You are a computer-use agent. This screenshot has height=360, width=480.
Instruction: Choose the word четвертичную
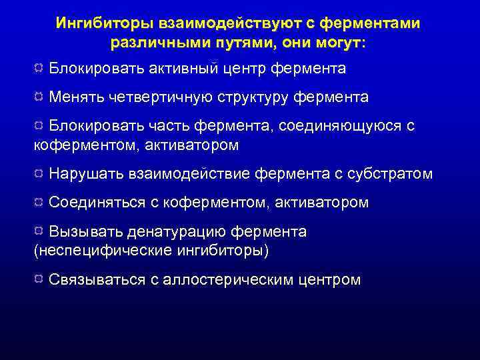[162, 97]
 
